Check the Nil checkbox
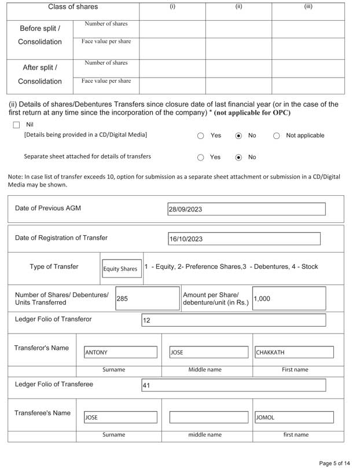tap(16, 125)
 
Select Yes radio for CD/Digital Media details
tap(201, 136)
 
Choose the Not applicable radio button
tap(276, 136)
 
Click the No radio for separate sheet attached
tap(238, 157)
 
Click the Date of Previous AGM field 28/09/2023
tap(246, 209)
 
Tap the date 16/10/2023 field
tap(244, 239)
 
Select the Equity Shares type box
tap(122, 269)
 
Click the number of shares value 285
tap(147, 299)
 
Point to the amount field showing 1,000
tap(288, 299)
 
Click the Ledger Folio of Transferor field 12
tap(233, 320)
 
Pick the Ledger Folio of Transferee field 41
tap(233, 385)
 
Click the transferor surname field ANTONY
tap(120, 352)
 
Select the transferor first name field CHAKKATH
tap(293, 352)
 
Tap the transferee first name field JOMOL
tap(293, 417)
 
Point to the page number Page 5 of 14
tap(334, 463)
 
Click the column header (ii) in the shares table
tap(238, 7)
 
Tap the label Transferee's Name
tap(42, 413)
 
